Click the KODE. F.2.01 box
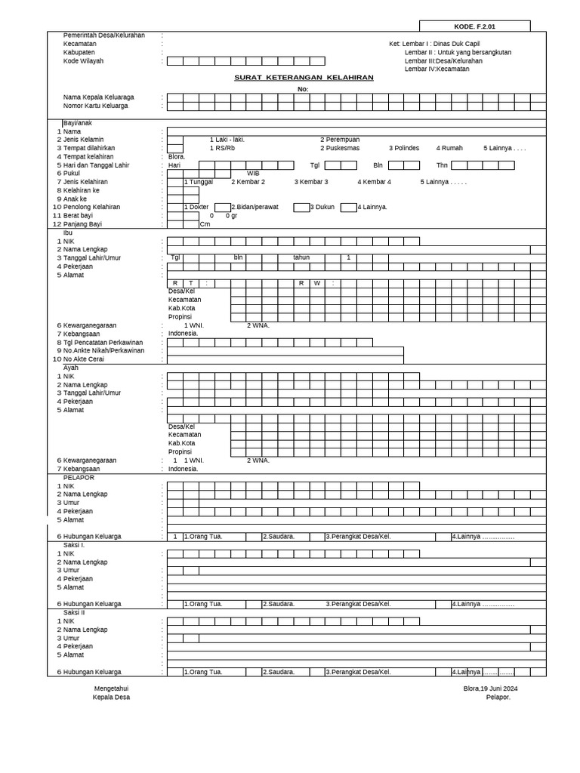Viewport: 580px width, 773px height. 474,26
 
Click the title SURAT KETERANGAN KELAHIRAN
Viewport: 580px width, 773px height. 304,78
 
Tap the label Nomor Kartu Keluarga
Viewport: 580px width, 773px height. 95,106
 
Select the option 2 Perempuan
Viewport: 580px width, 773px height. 340,140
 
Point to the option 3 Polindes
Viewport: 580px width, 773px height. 404,148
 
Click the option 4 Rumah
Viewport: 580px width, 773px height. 449,148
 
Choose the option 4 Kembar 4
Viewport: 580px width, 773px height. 374,182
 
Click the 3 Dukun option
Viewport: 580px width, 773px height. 322,207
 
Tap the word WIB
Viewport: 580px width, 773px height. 253,174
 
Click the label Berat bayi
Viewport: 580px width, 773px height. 78,216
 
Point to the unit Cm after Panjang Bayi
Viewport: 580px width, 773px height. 205,224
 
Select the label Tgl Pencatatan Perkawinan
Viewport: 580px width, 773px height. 103,343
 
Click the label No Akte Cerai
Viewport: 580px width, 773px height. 84,359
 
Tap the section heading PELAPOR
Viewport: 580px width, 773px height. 79,478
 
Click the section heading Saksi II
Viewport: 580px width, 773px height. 74,612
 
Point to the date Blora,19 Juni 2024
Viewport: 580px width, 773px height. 490,688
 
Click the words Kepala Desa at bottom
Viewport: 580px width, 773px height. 111,698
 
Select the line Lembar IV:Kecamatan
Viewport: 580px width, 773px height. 437,69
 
